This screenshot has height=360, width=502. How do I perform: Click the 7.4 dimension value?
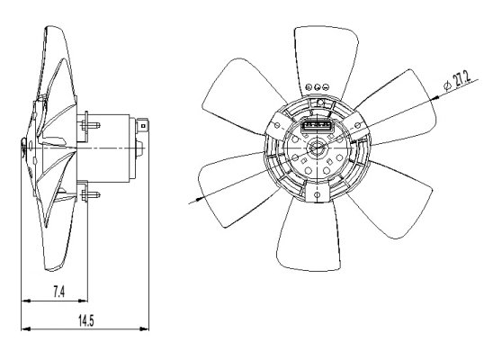point(58,292)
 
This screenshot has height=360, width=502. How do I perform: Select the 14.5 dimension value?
point(86,320)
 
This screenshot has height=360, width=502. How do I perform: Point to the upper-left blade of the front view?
point(242,96)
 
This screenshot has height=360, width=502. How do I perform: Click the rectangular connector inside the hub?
point(318,126)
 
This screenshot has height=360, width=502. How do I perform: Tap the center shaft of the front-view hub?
point(317,148)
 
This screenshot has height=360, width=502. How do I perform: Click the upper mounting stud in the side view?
point(90,125)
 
